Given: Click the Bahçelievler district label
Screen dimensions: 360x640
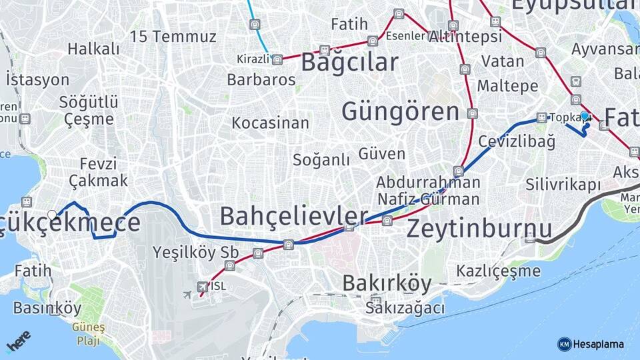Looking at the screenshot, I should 294,216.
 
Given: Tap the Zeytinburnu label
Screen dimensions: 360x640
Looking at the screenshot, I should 479,229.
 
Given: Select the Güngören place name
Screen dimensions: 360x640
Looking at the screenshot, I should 401,111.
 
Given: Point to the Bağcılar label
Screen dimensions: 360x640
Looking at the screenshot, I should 349,62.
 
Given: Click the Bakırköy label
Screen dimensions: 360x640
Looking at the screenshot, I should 387,283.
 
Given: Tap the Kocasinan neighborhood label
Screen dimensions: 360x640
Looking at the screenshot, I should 270,123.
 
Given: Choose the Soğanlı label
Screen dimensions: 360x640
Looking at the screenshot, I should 321,160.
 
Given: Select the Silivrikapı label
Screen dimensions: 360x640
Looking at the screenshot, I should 563,184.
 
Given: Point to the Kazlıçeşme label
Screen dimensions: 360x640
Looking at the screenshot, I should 498,271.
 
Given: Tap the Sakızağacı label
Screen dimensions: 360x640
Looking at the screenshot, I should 405,307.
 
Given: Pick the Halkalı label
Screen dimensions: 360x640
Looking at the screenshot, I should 93,49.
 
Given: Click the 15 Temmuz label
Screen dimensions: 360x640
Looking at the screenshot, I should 173,36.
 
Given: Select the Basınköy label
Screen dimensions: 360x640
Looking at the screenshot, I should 47,309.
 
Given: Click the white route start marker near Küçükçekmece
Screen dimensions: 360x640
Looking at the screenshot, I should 53,215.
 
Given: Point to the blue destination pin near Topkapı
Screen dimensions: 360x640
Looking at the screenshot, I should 585,117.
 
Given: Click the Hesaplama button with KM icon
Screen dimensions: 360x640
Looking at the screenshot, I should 591,344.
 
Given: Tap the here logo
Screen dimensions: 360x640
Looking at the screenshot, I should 19,341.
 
